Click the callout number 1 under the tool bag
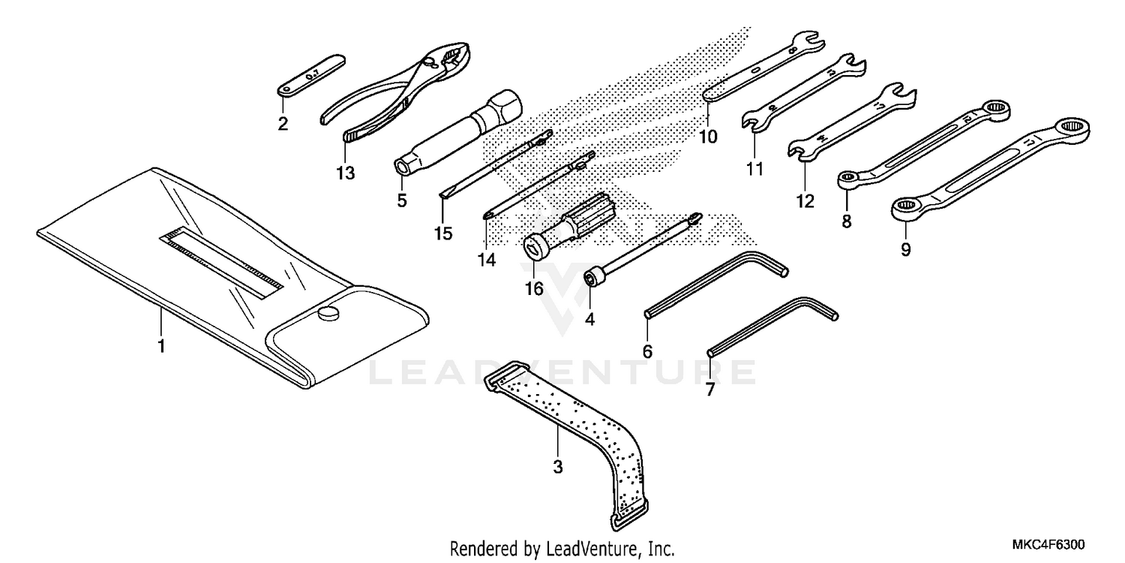click(161, 346)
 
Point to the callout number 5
click(402, 200)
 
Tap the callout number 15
click(443, 233)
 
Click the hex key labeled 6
click(712, 285)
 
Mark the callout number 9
click(905, 249)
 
